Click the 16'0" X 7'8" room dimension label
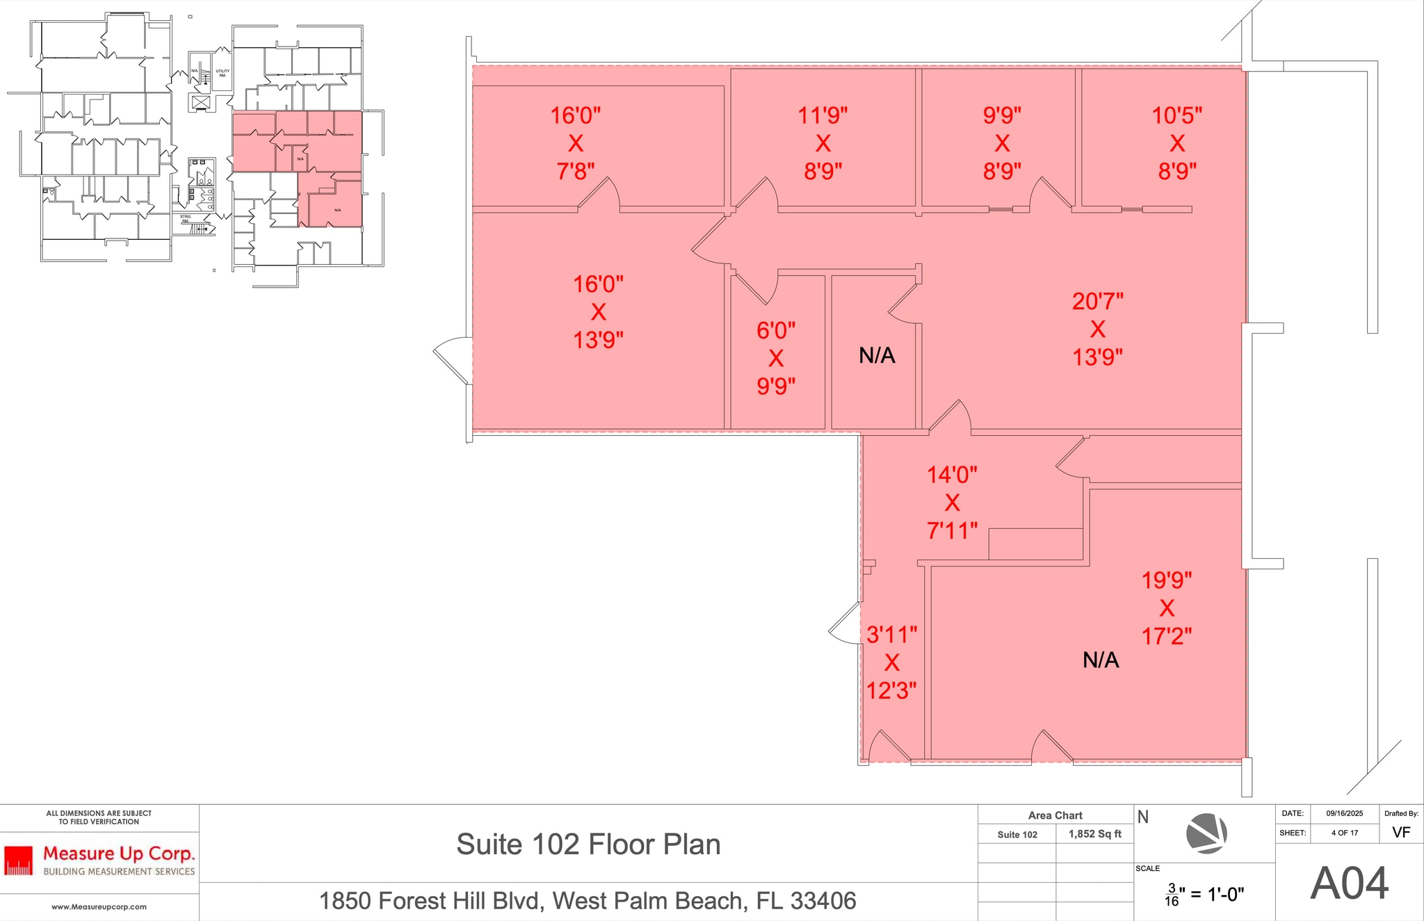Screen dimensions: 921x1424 575,143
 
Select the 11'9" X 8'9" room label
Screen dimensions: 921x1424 823,143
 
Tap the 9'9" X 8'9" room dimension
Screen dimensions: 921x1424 1001,143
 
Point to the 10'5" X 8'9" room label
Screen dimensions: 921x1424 1176,143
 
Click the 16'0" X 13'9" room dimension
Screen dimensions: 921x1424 598,312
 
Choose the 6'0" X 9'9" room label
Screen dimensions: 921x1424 776,358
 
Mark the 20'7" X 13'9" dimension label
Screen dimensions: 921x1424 1097,329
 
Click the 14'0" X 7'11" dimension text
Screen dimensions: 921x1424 952,503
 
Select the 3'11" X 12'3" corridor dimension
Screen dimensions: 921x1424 891,662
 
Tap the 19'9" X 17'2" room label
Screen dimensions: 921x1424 1167,608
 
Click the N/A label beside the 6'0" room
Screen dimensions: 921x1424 877,356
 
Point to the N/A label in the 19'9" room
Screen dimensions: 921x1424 1101,660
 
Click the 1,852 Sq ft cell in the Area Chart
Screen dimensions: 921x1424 1094,834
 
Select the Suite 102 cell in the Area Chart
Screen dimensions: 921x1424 1017,835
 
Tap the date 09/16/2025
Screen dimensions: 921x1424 1344,813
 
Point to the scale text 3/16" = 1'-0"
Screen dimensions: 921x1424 1204,895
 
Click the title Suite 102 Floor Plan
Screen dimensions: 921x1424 588,845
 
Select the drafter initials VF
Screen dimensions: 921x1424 1401,833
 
